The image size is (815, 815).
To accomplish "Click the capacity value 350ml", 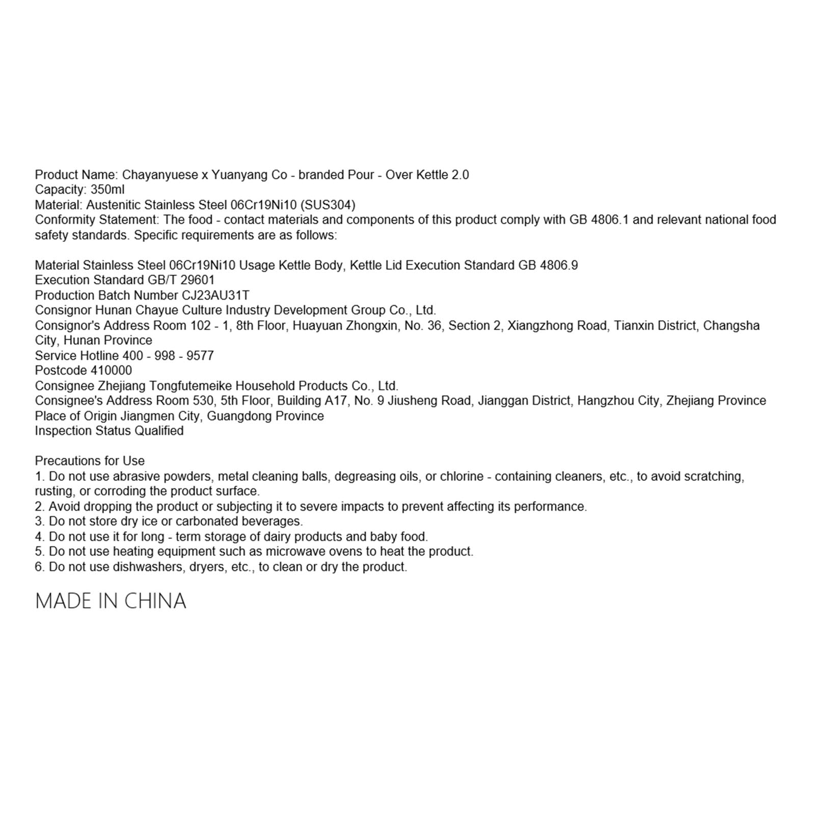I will (x=107, y=190).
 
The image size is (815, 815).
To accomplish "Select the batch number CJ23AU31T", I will (x=215, y=295).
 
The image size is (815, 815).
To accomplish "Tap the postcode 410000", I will (x=111, y=370).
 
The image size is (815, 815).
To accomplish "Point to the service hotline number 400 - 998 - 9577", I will (x=168, y=356).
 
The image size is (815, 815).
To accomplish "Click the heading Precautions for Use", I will (x=90, y=461).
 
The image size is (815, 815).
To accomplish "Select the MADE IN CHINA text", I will (x=111, y=601).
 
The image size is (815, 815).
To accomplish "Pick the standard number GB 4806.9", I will (x=548, y=265).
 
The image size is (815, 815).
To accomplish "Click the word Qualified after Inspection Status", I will (x=159, y=431).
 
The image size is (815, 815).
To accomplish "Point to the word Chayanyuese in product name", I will (x=160, y=175).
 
